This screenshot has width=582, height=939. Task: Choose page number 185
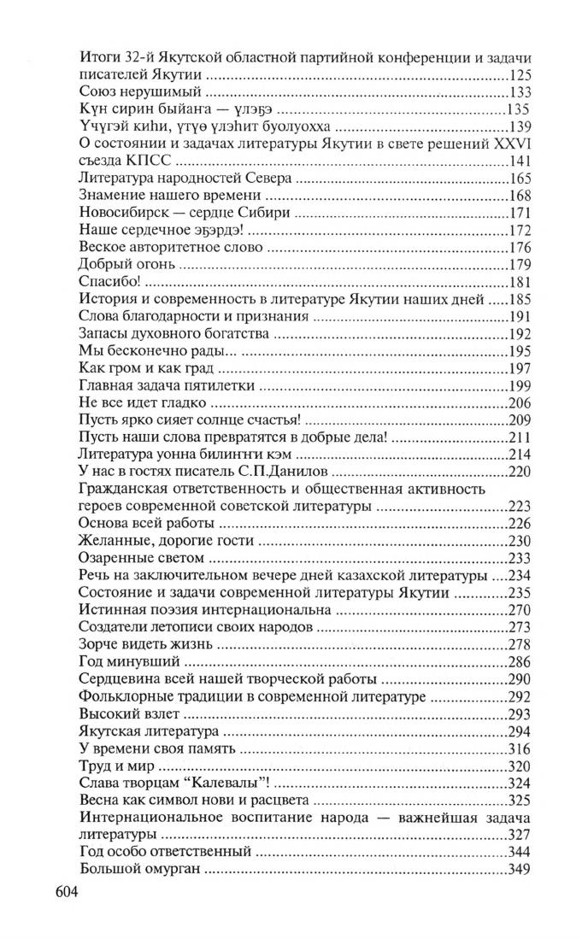[x=520, y=299]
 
